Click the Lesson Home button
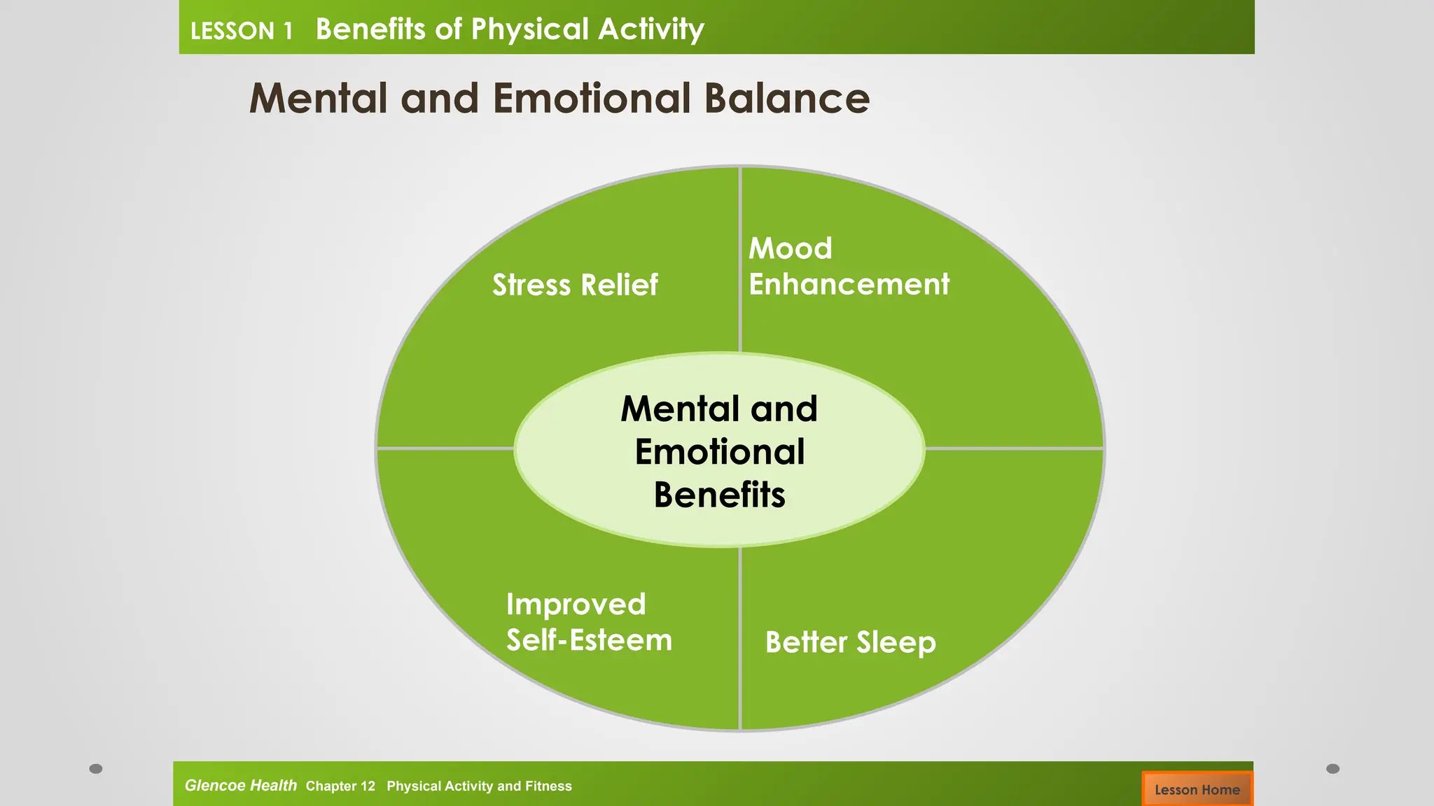point(1197,789)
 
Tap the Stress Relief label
point(575,285)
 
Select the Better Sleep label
point(850,642)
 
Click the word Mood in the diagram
point(790,248)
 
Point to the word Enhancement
point(849,284)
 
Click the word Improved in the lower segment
point(576,604)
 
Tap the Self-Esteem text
point(589,640)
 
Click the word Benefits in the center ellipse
point(719,495)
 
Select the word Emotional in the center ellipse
point(719,452)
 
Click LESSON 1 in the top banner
point(242,31)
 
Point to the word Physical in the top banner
point(529,29)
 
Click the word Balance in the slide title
point(786,98)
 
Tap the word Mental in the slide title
point(319,98)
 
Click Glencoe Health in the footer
point(240,785)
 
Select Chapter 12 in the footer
point(340,786)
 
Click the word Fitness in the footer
point(549,786)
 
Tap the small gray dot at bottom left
point(96,768)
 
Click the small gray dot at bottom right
point(1332,768)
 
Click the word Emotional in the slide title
point(592,98)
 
